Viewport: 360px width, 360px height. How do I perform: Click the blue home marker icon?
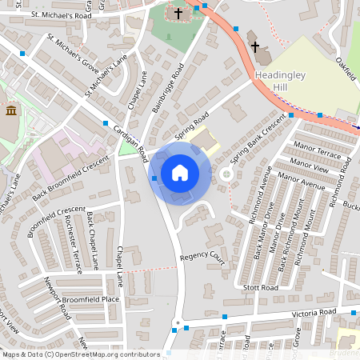pos(180,173)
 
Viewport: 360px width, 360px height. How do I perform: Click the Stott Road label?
pos(260,286)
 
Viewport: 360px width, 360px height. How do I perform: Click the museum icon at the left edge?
pos(10,110)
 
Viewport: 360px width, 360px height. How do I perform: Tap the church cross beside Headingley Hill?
pos(254,46)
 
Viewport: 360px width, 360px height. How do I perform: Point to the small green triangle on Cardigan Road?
pos(126,149)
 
